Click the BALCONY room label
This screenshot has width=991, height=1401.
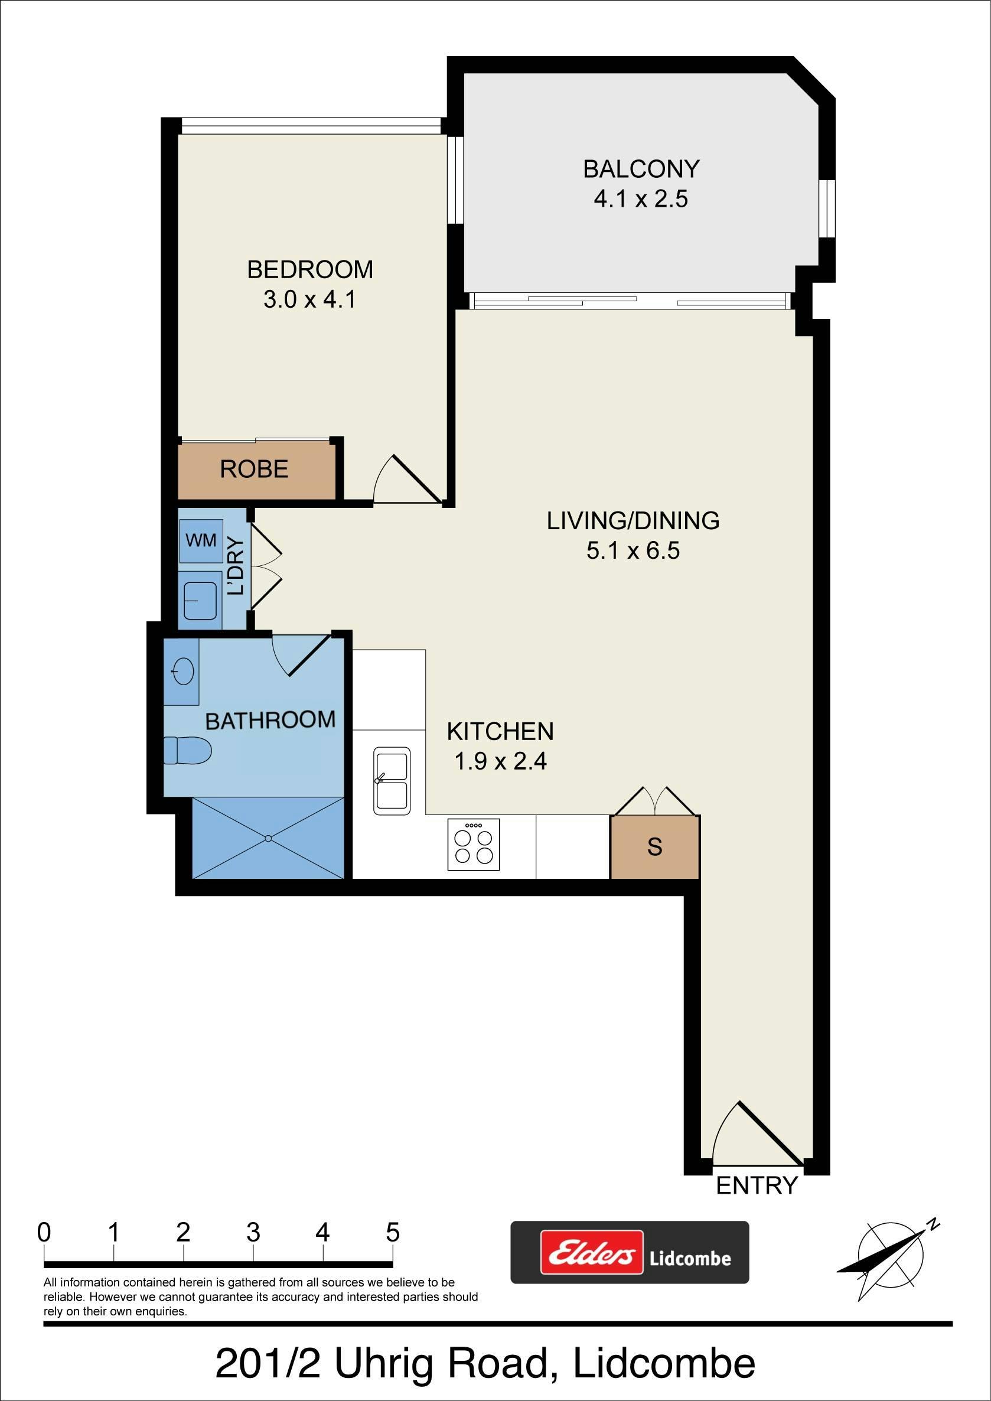(641, 169)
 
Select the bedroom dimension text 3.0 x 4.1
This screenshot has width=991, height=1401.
(310, 299)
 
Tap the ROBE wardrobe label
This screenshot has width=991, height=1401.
(254, 468)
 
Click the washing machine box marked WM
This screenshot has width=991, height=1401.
(201, 540)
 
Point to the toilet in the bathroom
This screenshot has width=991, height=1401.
(187, 750)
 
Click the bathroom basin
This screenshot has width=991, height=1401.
(183, 672)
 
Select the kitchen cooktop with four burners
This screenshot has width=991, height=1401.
(474, 845)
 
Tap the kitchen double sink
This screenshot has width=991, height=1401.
(391, 781)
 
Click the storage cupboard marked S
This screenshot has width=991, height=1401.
(655, 847)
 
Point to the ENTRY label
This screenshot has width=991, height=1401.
(757, 1185)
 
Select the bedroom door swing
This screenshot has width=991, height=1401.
(408, 479)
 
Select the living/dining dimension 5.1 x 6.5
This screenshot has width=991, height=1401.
(633, 551)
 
